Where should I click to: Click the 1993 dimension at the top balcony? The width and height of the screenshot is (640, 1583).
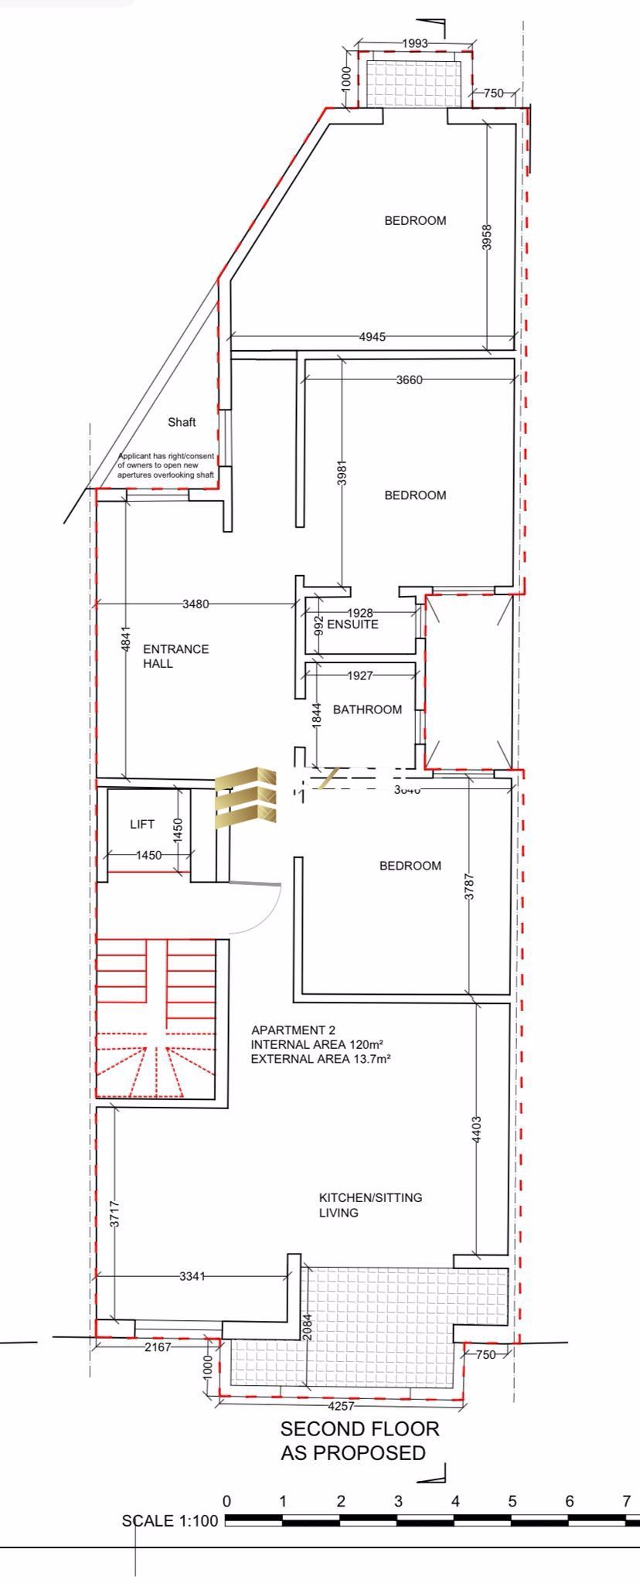click(415, 43)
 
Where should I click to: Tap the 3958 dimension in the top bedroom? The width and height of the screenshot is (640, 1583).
click(486, 237)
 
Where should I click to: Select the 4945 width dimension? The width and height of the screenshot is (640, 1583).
click(373, 336)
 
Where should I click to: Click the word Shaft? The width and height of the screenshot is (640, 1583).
click(182, 422)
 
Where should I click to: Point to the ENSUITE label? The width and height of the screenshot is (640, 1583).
click(352, 624)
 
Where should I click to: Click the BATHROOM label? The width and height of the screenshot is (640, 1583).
click(367, 709)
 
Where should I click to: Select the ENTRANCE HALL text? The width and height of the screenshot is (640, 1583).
click(175, 655)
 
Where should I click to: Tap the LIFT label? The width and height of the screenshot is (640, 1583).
click(142, 824)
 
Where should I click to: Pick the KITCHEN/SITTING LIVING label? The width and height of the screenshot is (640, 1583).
click(370, 1204)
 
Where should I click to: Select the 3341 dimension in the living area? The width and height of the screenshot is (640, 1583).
click(192, 1276)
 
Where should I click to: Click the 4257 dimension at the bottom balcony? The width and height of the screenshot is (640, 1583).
click(342, 1405)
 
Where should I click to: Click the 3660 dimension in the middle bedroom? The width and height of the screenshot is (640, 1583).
click(409, 380)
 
